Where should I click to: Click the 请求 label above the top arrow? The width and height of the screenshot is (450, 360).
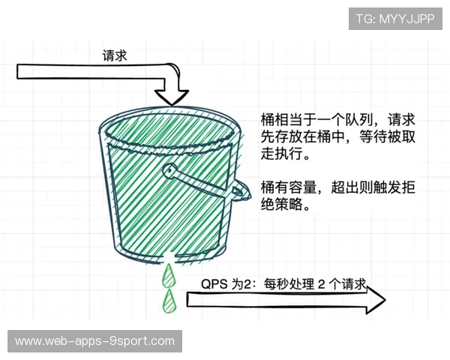coord(115,55)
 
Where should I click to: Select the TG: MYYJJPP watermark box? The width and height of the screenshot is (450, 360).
coord(395,19)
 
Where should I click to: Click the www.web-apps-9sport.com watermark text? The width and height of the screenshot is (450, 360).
coord(95,341)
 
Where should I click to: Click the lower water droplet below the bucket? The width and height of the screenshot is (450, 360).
coord(168,301)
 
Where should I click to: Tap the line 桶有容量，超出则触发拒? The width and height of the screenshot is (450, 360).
coord(337,187)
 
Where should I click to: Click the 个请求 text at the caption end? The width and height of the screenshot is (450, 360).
coord(349,285)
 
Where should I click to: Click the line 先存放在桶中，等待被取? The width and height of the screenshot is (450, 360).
coord(337,138)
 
